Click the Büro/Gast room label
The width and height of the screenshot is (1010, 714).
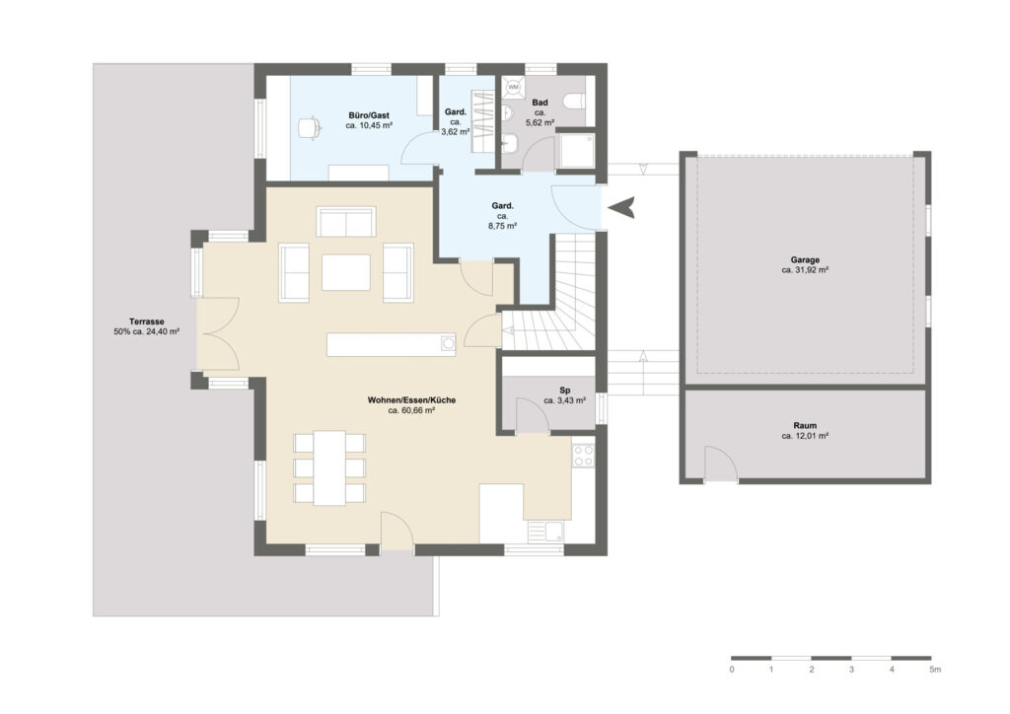point(369,116)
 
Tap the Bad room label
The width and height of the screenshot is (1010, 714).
point(540,103)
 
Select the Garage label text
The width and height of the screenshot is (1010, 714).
point(805,260)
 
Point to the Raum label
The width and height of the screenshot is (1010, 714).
point(805,426)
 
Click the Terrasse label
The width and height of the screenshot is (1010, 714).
point(146,321)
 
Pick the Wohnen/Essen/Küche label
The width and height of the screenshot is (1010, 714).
point(411,400)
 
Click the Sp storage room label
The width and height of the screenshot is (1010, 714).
point(565,391)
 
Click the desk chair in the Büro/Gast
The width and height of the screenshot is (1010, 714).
point(310,127)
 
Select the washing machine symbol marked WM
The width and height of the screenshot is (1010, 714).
point(513,86)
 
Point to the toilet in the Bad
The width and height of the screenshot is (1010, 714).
point(573,102)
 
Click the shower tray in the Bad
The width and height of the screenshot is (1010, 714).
point(575,151)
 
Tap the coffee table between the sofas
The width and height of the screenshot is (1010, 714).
point(346,272)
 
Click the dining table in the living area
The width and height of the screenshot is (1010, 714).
point(329,467)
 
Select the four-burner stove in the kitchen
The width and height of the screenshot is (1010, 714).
point(584,456)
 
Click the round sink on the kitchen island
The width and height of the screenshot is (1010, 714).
point(449,344)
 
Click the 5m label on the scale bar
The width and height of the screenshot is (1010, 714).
point(935,670)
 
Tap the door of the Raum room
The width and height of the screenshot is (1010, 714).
point(721,463)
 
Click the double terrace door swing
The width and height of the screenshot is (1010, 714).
point(219,334)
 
